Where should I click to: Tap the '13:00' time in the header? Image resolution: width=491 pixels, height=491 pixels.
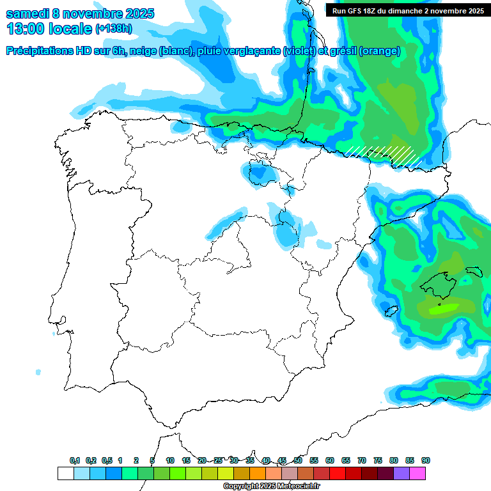[25, 29]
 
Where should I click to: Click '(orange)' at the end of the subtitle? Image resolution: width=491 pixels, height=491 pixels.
[380, 51]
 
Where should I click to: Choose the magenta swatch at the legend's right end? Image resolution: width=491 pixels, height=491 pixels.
[417, 473]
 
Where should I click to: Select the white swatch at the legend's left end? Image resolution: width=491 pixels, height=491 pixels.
[65, 473]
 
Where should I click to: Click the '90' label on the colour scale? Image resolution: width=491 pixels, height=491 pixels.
[426, 460]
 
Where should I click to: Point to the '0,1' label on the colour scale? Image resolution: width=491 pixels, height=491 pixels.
[75, 460]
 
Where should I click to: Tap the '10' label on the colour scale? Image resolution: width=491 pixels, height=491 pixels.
[170, 460]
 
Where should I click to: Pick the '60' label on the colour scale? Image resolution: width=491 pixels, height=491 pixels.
[330, 460]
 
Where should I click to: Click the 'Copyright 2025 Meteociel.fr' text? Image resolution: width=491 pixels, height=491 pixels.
[271, 487]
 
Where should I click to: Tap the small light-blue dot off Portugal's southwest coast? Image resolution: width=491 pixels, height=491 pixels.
[38, 372]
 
